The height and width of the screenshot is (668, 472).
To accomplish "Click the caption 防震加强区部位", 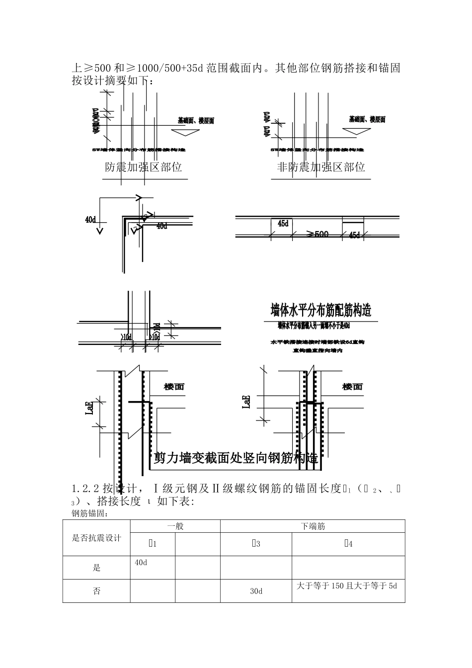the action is [144, 167].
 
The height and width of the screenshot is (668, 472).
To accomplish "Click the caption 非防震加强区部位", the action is [321, 167].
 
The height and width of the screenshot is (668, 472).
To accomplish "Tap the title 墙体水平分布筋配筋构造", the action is [321, 310].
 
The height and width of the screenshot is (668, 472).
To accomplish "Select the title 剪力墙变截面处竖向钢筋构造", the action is [236, 458].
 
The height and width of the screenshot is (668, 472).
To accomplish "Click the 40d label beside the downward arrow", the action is [91, 219].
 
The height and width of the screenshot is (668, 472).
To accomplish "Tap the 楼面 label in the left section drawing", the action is [174, 387].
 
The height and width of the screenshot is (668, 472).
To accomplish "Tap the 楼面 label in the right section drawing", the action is [352, 387].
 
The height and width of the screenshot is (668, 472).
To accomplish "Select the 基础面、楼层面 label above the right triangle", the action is [367, 119].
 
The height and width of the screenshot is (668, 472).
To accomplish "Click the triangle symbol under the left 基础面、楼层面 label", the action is [184, 132].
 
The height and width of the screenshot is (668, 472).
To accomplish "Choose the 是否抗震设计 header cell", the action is [97, 538].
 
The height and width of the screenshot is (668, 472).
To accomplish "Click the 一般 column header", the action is [175, 526].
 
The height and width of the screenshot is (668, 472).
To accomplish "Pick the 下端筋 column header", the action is [313, 526].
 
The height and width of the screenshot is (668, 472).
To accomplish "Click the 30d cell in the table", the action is [256, 591].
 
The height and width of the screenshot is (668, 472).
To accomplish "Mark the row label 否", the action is [97, 591].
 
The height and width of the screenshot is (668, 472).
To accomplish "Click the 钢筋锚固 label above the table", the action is [90, 513].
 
